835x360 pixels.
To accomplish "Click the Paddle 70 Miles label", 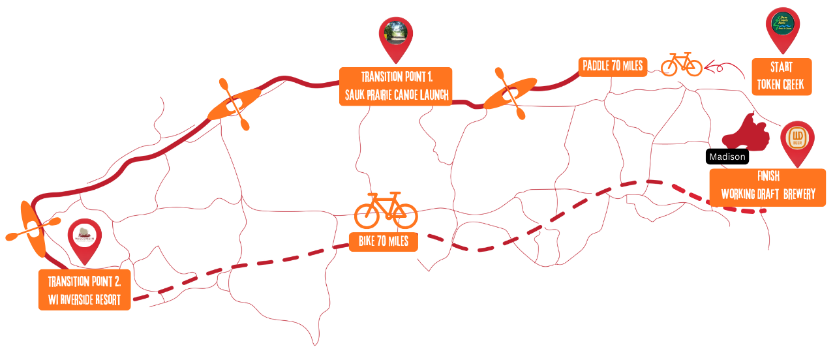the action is (x=613, y=66).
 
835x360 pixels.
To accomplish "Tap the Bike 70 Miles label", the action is (x=384, y=242).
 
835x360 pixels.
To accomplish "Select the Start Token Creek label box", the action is (x=782, y=77).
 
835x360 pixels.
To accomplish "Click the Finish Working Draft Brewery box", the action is (x=767, y=187).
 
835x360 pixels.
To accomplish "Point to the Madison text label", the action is (x=727, y=157).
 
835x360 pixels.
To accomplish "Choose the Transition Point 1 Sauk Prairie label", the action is (x=396, y=85).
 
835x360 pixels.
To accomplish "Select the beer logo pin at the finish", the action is (x=797, y=140).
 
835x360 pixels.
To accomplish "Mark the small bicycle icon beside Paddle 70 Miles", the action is (x=681, y=65).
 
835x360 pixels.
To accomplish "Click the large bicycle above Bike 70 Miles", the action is (x=386, y=210).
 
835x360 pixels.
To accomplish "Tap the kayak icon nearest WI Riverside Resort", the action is (x=33, y=228).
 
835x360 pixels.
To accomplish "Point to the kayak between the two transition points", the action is (x=234, y=104).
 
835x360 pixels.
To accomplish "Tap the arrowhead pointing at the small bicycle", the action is (x=710, y=66).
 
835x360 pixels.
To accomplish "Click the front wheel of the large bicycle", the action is (x=404, y=215).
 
